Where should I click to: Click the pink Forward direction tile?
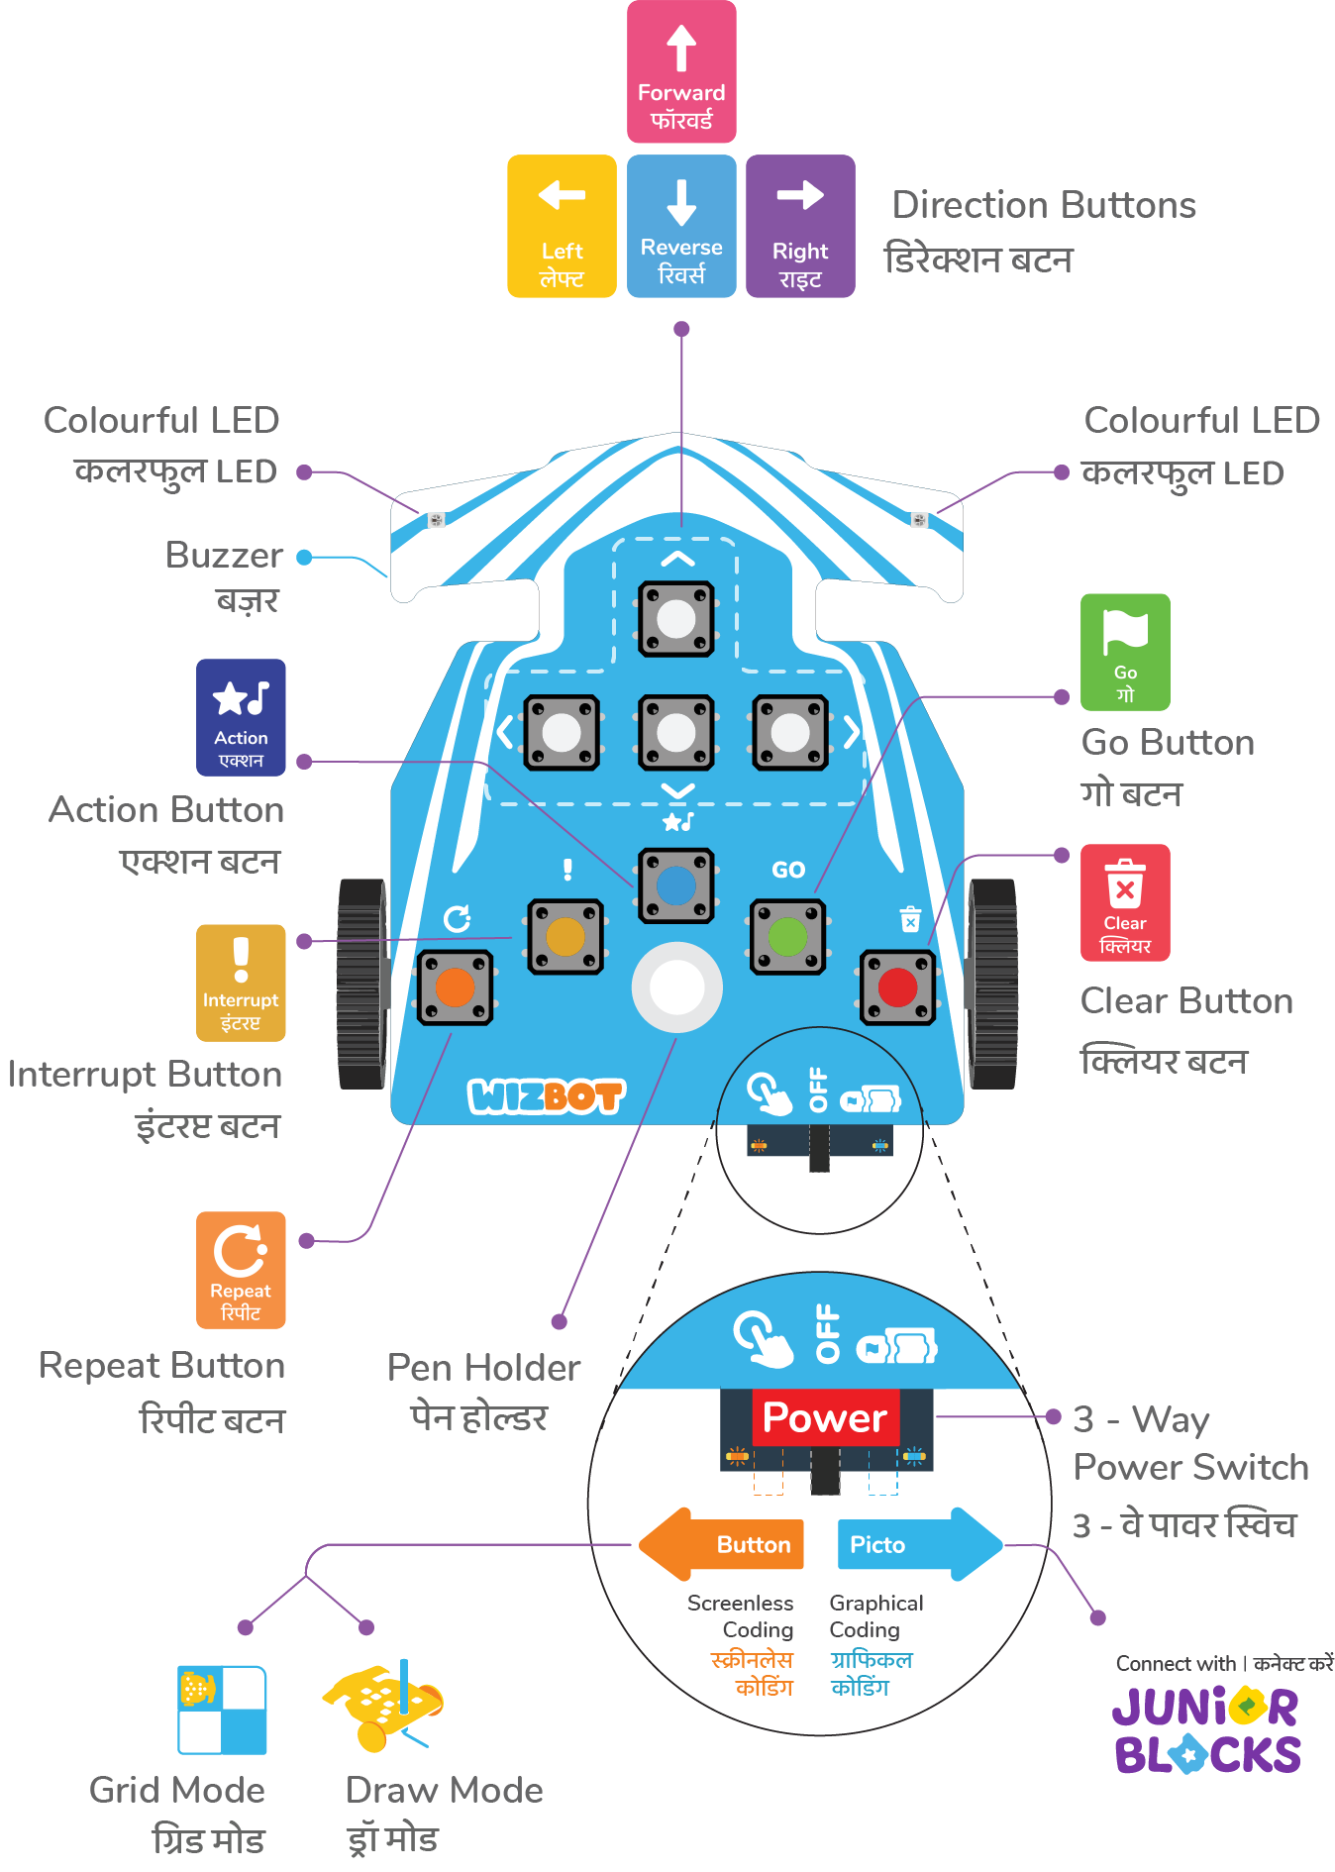click(x=681, y=72)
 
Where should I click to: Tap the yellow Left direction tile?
click(x=562, y=226)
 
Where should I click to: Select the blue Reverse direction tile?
click(x=681, y=226)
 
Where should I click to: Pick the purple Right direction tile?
click(x=800, y=226)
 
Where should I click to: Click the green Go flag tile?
click(x=1125, y=652)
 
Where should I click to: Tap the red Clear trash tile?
click(x=1125, y=902)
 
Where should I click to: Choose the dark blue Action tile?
click(x=241, y=717)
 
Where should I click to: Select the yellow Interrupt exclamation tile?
click(x=241, y=983)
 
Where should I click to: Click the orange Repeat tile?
click(x=241, y=1270)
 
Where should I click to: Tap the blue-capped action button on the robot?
click(x=676, y=885)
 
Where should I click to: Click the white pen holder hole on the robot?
click(x=677, y=988)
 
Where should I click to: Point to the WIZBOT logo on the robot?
click(x=546, y=1095)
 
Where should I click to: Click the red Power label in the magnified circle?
click(x=825, y=1417)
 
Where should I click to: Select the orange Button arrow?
click(x=722, y=1544)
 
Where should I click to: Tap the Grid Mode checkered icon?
click(x=223, y=1710)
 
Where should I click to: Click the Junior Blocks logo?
click(x=1207, y=1729)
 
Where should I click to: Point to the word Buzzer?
click(x=224, y=556)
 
